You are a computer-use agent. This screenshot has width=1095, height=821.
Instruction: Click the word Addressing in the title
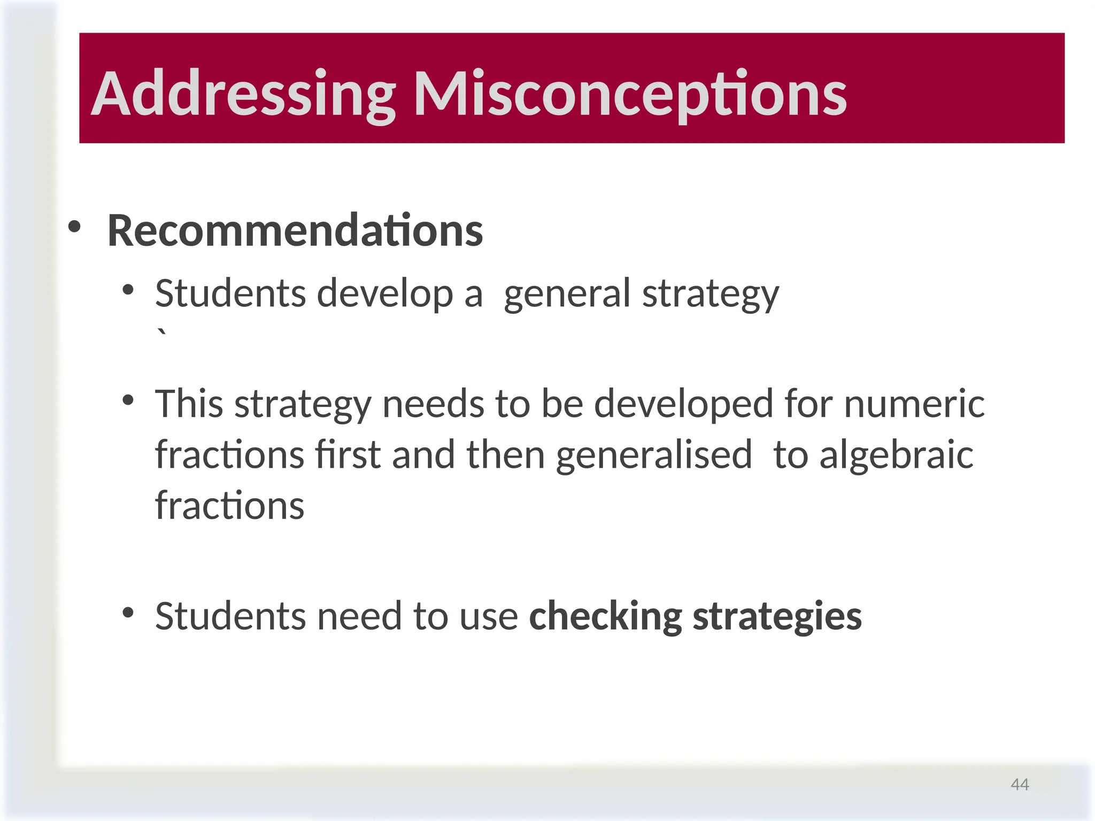click(x=243, y=94)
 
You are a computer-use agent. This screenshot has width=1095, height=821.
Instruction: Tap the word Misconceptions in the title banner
click(x=630, y=94)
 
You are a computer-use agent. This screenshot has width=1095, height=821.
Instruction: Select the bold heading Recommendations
click(x=295, y=231)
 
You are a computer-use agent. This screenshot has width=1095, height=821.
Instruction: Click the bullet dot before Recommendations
click(x=74, y=227)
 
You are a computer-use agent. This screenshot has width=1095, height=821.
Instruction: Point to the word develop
click(x=385, y=294)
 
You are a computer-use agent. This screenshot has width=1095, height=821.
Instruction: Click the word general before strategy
click(x=567, y=294)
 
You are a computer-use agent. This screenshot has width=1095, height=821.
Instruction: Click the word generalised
click(x=654, y=455)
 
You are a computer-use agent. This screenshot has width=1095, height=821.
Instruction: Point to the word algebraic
click(x=896, y=455)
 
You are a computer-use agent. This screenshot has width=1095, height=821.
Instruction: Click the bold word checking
click(x=605, y=616)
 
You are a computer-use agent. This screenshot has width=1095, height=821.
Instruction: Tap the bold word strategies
click(x=777, y=616)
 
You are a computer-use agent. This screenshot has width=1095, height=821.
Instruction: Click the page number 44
click(x=1020, y=784)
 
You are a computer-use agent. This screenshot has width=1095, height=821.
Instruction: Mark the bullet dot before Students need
click(x=128, y=613)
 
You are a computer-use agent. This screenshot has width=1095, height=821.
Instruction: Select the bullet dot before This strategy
click(x=128, y=400)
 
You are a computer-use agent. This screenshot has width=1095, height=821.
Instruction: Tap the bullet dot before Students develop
click(x=128, y=290)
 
